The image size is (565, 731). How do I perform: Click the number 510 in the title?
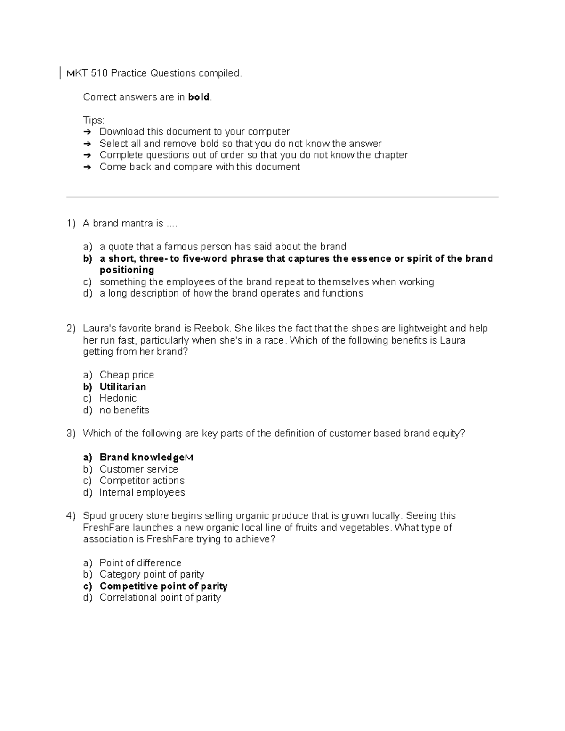pos(99,73)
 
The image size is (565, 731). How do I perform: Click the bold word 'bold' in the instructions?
pos(198,97)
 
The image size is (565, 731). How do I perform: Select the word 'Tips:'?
pos(94,120)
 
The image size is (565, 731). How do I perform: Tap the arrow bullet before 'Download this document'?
pos(87,132)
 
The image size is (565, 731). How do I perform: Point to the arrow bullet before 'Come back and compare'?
pos(87,167)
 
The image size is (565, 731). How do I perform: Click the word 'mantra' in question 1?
pos(137,223)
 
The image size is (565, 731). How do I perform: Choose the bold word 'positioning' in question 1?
pos(127,270)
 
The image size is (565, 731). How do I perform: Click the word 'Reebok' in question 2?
pos(211,328)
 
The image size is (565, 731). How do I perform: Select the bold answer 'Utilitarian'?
pos(122,386)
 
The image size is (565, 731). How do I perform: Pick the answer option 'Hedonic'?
pos(118,398)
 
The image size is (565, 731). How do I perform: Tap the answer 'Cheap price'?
pos(127,375)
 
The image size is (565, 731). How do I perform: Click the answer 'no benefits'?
pos(124,410)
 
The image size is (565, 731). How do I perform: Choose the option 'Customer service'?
pos(138,469)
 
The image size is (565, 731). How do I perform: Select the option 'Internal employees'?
pos(142,492)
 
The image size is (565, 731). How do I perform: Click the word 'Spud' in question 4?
pos(93,515)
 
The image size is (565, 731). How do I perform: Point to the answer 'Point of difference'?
pos(140,562)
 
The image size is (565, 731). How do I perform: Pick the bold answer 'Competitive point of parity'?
pos(163,586)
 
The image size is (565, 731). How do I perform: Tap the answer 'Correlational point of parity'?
pos(160,597)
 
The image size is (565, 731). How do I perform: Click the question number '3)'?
pos(71,433)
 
